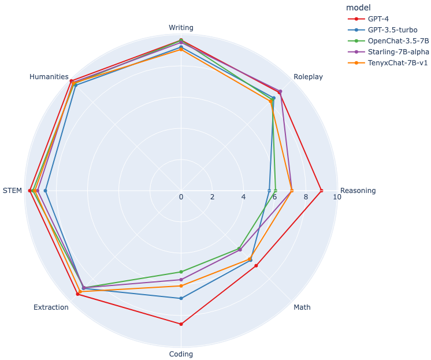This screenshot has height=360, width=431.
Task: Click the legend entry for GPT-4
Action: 379,18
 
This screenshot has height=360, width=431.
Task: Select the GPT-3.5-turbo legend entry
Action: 392,29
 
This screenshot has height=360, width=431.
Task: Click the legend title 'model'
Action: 358,8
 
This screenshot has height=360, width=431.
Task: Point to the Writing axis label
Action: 181,27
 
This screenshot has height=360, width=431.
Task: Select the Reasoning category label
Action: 358,191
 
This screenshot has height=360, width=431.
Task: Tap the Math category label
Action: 302,307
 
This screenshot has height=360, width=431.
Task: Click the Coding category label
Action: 181,354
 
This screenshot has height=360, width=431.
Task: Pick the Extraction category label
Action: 51,307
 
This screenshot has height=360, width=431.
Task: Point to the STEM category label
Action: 12,191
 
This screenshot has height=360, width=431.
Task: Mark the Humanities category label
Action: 49,77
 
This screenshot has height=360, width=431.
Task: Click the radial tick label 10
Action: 337,197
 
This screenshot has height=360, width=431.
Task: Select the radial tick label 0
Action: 181,197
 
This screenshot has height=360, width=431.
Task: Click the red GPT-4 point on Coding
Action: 181,324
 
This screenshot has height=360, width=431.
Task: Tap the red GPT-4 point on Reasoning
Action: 321,191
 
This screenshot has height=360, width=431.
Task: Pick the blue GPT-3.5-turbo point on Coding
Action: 181,298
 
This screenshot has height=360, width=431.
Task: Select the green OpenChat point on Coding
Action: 181,272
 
